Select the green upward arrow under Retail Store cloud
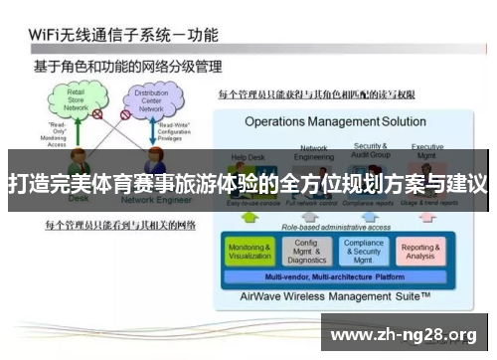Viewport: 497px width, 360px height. coord(73,138)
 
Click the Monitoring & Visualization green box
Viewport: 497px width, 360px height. coord(249,252)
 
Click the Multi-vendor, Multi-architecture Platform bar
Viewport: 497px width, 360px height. coord(334,276)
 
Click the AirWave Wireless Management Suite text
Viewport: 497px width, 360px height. coord(336,296)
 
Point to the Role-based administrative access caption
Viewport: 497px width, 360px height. coord(334,227)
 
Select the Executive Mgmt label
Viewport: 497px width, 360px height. coord(427,150)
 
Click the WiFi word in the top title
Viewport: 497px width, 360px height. coord(45,35)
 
